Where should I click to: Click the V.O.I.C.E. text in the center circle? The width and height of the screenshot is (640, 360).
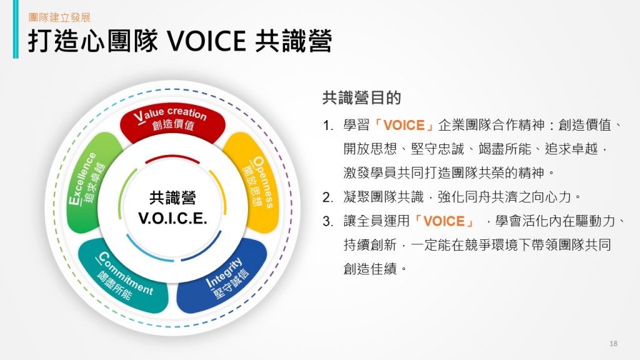(x=172, y=218)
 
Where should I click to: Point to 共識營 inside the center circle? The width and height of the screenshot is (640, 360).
(x=172, y=198)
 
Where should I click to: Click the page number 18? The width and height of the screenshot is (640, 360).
(x=613, y=344)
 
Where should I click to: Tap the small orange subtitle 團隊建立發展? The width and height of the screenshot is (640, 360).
(x=59, y=17)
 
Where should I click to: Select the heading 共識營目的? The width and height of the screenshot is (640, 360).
(x=362, y=98)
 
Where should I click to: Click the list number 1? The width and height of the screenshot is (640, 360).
(x=327, y=125)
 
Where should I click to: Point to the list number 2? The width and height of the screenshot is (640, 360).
(x=327, y=197)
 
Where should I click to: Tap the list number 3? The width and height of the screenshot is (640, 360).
(x=327, y=221)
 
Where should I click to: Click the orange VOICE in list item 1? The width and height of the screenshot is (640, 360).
(x=404, y=125)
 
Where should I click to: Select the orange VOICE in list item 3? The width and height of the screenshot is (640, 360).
(x=444, y=221)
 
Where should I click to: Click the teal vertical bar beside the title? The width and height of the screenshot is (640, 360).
(x=16, y=29)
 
